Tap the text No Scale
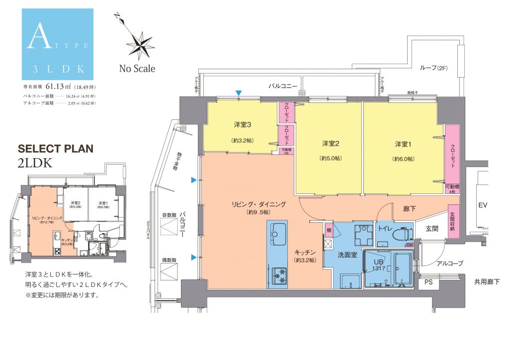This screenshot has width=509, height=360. coord(137,69)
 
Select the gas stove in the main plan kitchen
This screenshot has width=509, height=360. coord(278,273)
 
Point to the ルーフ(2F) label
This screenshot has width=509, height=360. coord(433,68)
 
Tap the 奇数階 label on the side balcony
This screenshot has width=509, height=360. coord(169,215)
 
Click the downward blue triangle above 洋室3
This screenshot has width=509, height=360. coord(239,93)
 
